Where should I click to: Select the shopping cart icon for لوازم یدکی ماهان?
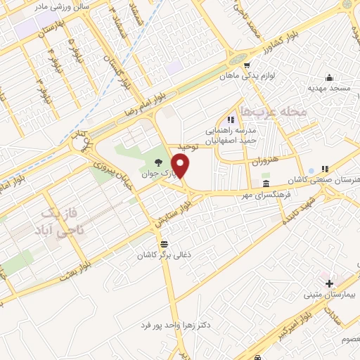[x=246, y=66]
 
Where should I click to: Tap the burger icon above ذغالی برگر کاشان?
[x=164, y=245]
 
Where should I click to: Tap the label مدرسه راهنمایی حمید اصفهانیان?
[x=228, y=134]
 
